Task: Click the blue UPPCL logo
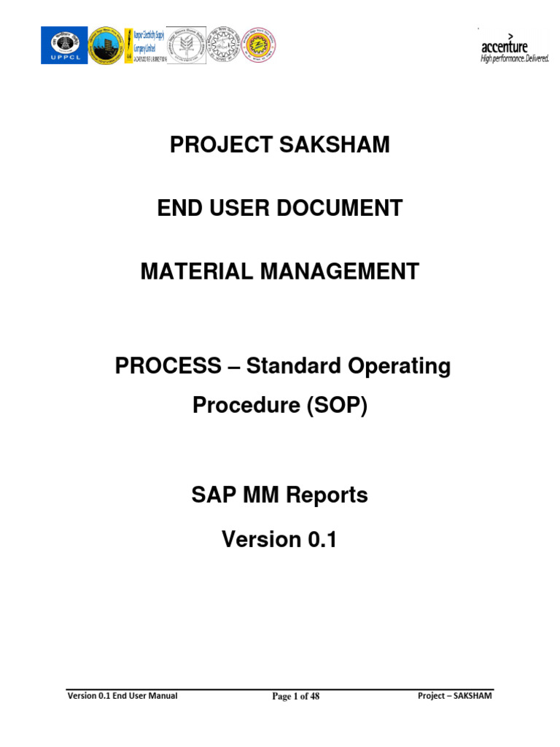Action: coord(63,45)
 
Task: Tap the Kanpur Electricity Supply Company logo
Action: coord(145,45)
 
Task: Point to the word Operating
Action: coord(401,366)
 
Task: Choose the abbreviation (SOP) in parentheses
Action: coord(337,406)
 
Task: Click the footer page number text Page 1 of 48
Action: coord(295,697)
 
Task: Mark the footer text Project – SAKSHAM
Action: coord(454,696)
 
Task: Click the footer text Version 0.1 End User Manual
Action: coord(122,696)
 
